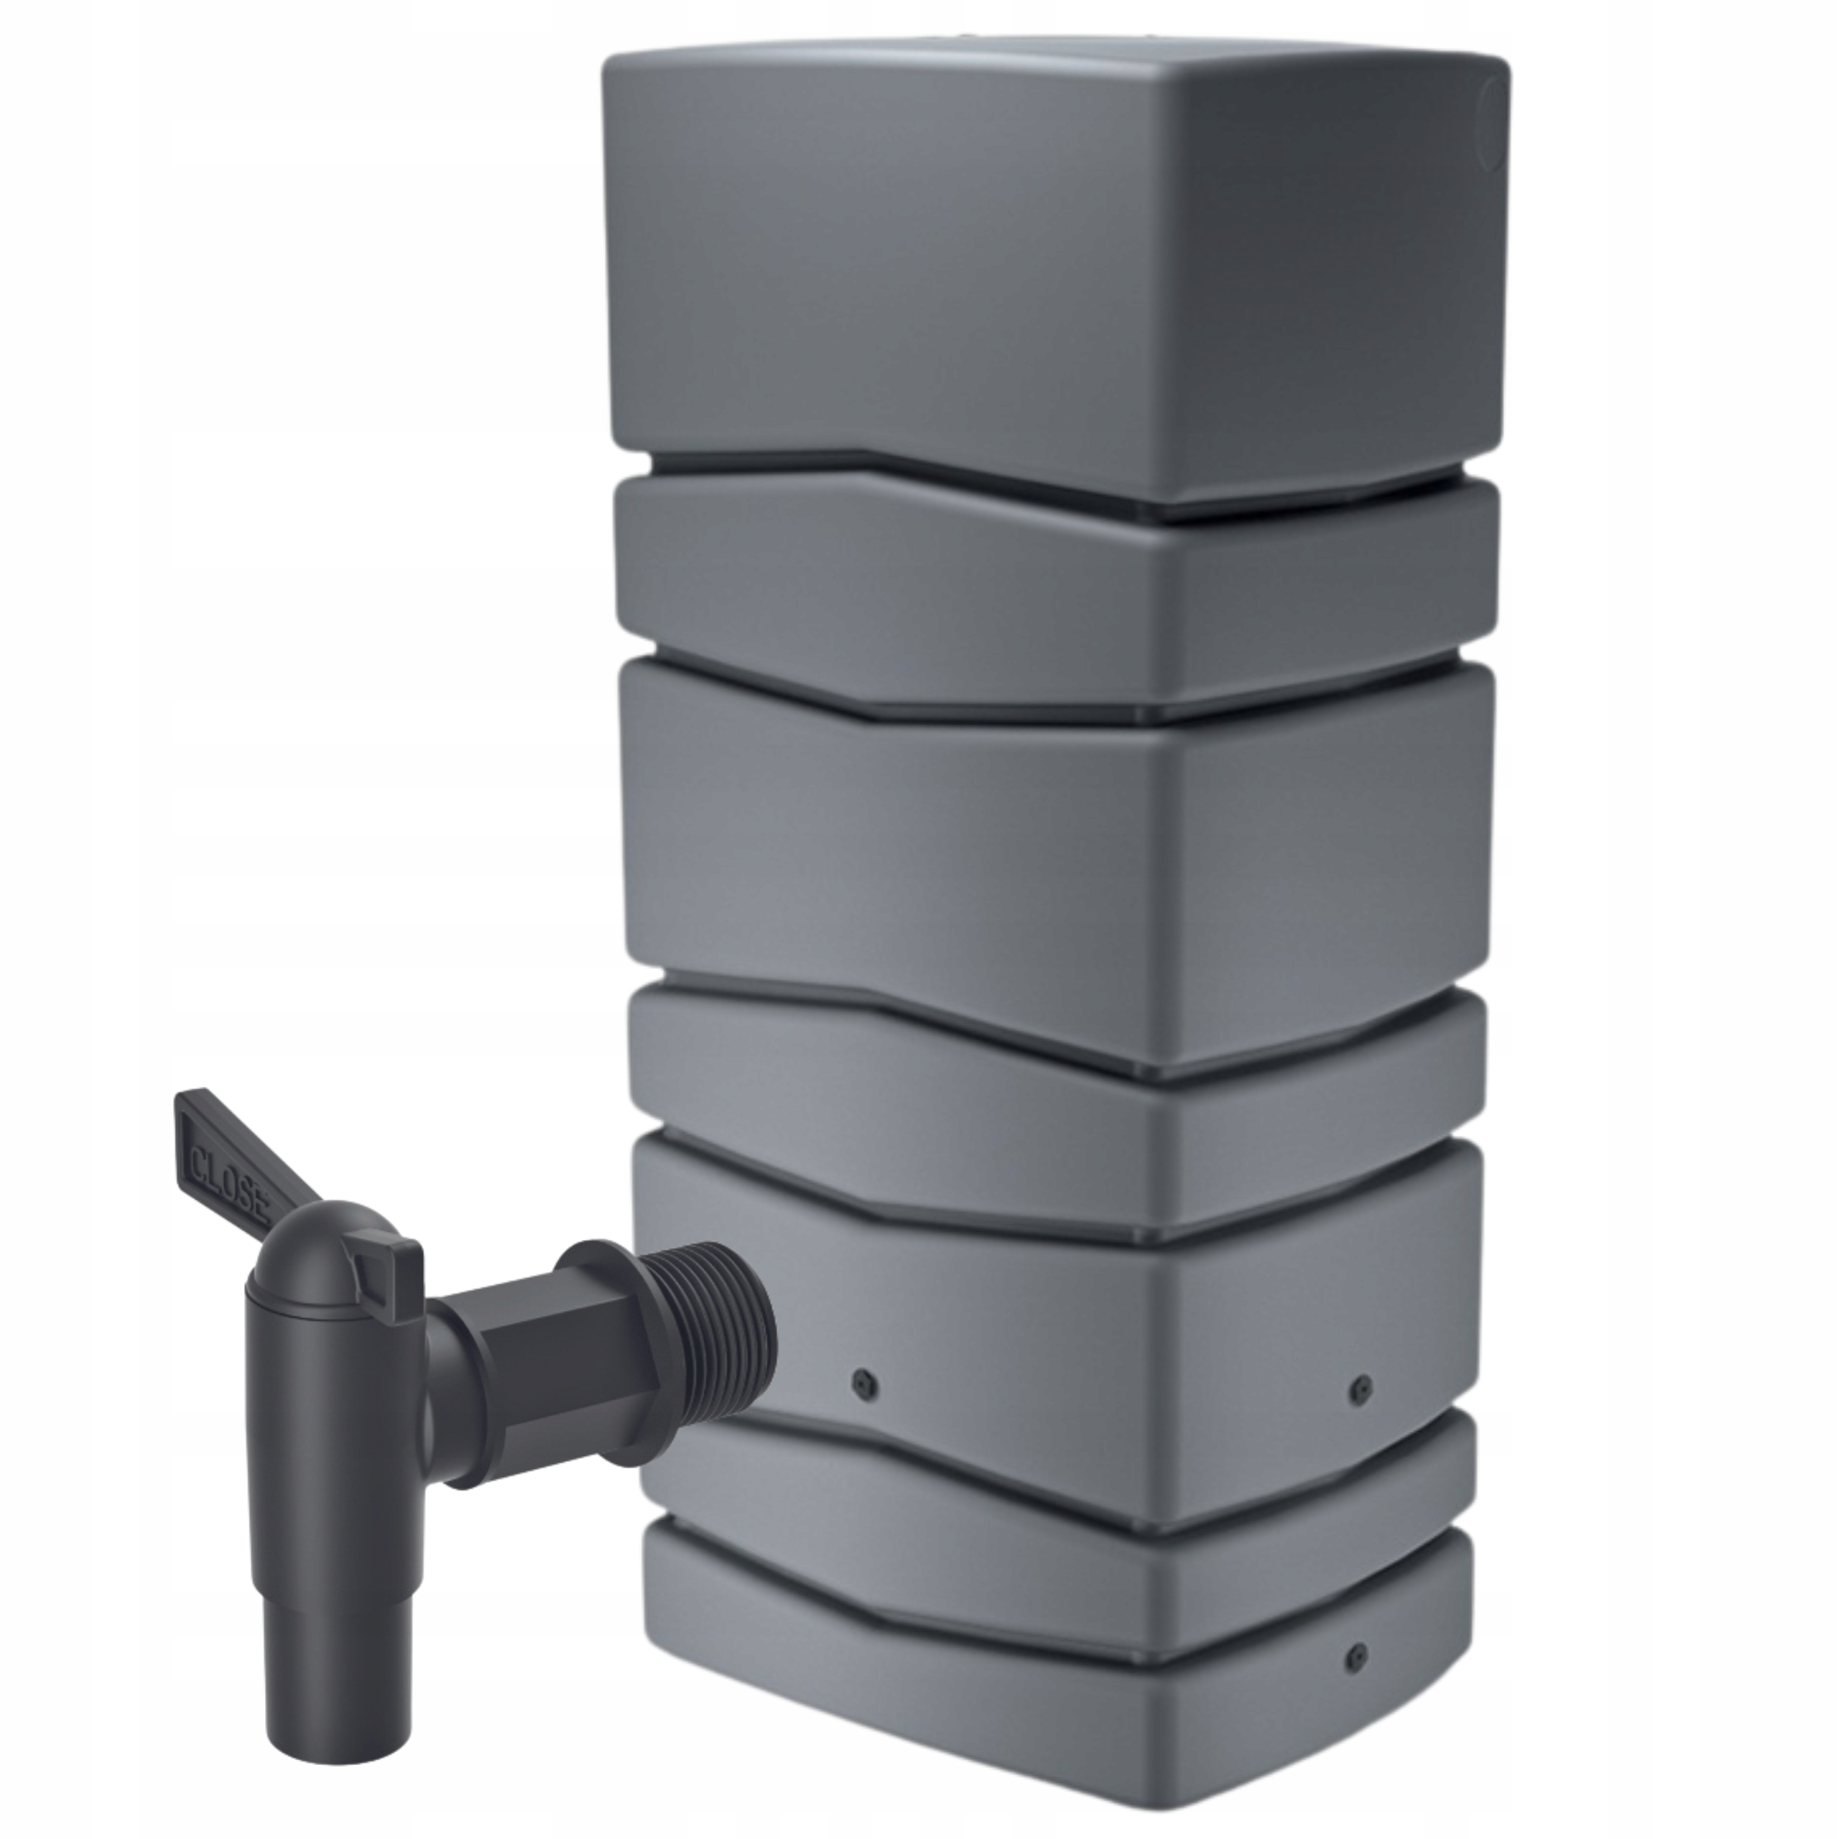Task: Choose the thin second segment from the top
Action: [952, 590]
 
